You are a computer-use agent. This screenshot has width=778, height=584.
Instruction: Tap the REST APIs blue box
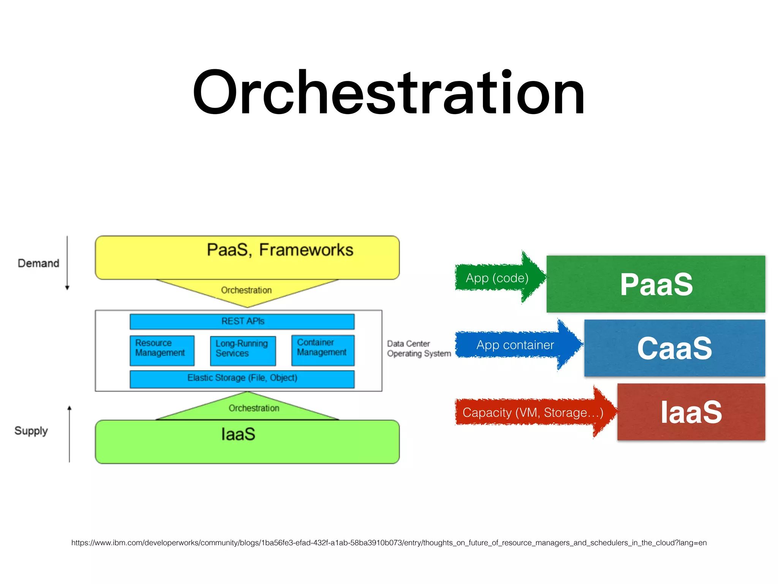pos(242,321)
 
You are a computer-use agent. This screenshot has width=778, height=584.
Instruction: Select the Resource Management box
pos(162,350)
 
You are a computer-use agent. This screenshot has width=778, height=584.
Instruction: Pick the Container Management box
pos(323,350)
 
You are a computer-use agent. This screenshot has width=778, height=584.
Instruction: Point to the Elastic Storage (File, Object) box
pos(242,379)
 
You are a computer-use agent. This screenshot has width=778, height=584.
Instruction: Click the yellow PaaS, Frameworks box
pos(247,257)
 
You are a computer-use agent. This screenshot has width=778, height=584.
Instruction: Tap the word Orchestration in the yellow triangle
pos(246,290)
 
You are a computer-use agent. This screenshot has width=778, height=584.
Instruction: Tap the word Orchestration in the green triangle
pos(254,408)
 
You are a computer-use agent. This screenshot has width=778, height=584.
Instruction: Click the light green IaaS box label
pos(238,434)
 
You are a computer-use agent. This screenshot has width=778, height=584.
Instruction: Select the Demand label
pos(38,263)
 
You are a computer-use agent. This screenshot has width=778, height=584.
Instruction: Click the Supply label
pos(31,431)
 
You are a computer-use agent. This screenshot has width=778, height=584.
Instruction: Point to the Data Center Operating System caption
pos(419,349)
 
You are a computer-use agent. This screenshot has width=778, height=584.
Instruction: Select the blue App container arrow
pos(515,345)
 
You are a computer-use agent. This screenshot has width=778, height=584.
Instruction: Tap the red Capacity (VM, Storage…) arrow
pos(533,413)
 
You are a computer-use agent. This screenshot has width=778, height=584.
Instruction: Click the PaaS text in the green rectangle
pos(656,284)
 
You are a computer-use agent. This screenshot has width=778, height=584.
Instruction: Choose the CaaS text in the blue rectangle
pos(674,348)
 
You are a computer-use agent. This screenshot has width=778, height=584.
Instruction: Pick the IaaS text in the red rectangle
pos(691,412)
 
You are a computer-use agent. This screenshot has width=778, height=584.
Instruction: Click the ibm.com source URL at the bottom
pos(389,543)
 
